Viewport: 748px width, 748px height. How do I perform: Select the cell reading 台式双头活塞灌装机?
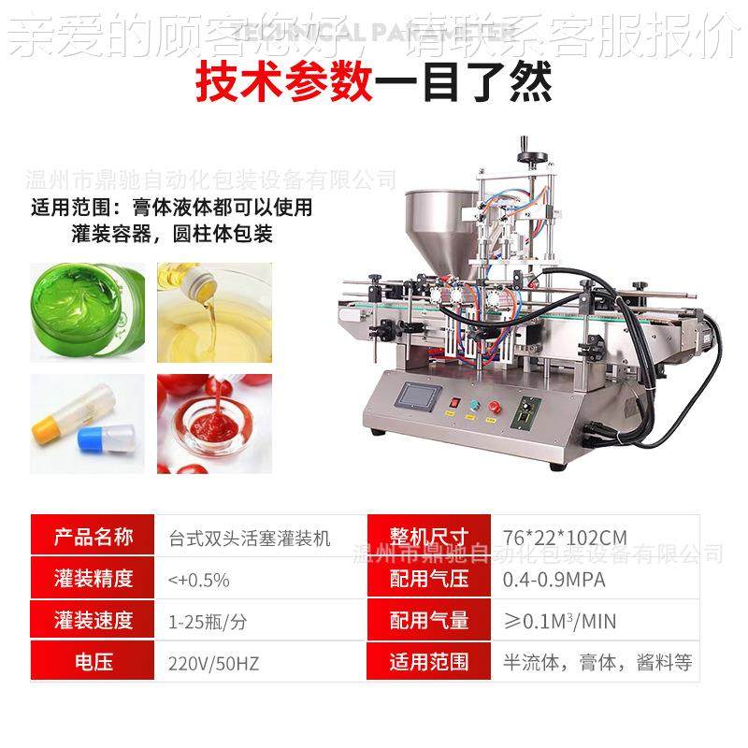pos(250,538)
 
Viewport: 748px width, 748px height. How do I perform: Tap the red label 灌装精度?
pos(94,580)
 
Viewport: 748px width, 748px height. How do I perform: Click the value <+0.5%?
pos(198,580)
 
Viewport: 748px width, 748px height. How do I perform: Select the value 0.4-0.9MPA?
pos(554,580)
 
